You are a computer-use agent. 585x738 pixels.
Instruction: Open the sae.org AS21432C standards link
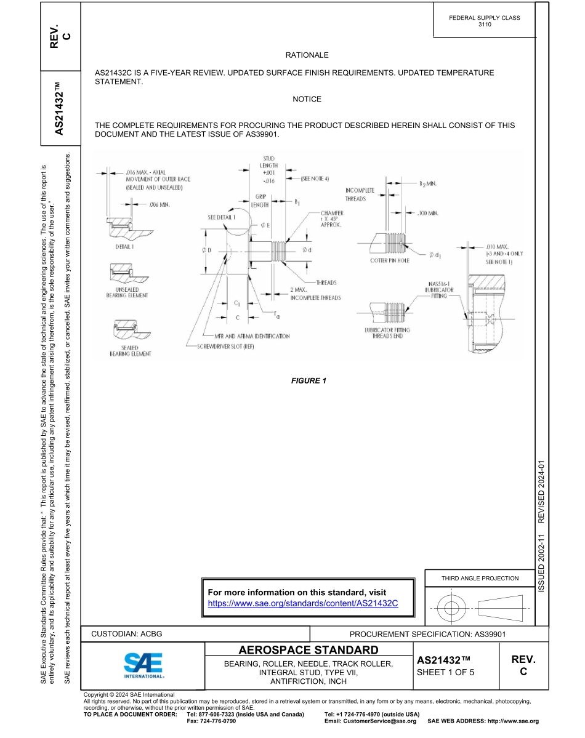[303, 603]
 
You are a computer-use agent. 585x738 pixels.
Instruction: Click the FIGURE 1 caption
[309, 380]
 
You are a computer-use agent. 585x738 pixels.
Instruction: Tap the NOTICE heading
[307, 99]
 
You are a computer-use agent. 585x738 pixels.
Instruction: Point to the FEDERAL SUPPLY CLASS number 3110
[485, 25]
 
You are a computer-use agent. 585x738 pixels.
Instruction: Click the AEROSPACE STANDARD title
[309, 651]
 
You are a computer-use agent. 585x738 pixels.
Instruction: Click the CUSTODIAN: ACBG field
[126, 633]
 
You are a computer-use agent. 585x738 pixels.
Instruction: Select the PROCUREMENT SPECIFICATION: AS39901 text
[427, 634]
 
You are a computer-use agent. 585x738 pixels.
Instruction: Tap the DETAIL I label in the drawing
[126, 246]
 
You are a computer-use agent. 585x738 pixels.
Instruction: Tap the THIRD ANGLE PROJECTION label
[480, 578]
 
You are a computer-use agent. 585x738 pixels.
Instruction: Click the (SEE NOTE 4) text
[315, 178]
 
